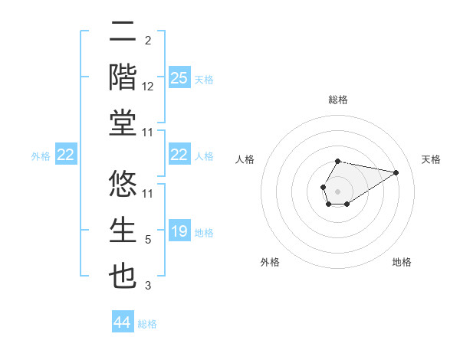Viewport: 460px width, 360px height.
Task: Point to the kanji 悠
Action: coord(123,186)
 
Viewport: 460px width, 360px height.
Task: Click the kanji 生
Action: coord(123,232)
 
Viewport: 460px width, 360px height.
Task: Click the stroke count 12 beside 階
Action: coord(148,87)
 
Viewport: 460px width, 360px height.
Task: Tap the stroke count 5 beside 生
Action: coord(148,240)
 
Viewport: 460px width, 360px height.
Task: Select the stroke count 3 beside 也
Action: coord(148,286)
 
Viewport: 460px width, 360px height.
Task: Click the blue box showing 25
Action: coord(179,78)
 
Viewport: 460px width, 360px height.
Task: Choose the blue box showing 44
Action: coord(122,323)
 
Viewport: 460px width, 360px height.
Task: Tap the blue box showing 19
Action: coord(179,231)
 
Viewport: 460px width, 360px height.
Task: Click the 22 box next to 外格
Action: coord(65,155)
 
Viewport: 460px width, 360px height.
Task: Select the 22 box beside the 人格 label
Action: coord(179,155)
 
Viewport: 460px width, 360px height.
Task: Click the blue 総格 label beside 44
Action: coord(147,324)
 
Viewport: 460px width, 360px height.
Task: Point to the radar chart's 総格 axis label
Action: coord(337,100)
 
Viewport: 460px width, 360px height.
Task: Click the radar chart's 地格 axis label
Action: coord(402,262)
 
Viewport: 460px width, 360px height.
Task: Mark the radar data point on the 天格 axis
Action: coord(396,172)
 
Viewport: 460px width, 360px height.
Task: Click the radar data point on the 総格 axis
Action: coord(337,161)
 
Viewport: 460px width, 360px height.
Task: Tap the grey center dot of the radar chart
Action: coord(337,191)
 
